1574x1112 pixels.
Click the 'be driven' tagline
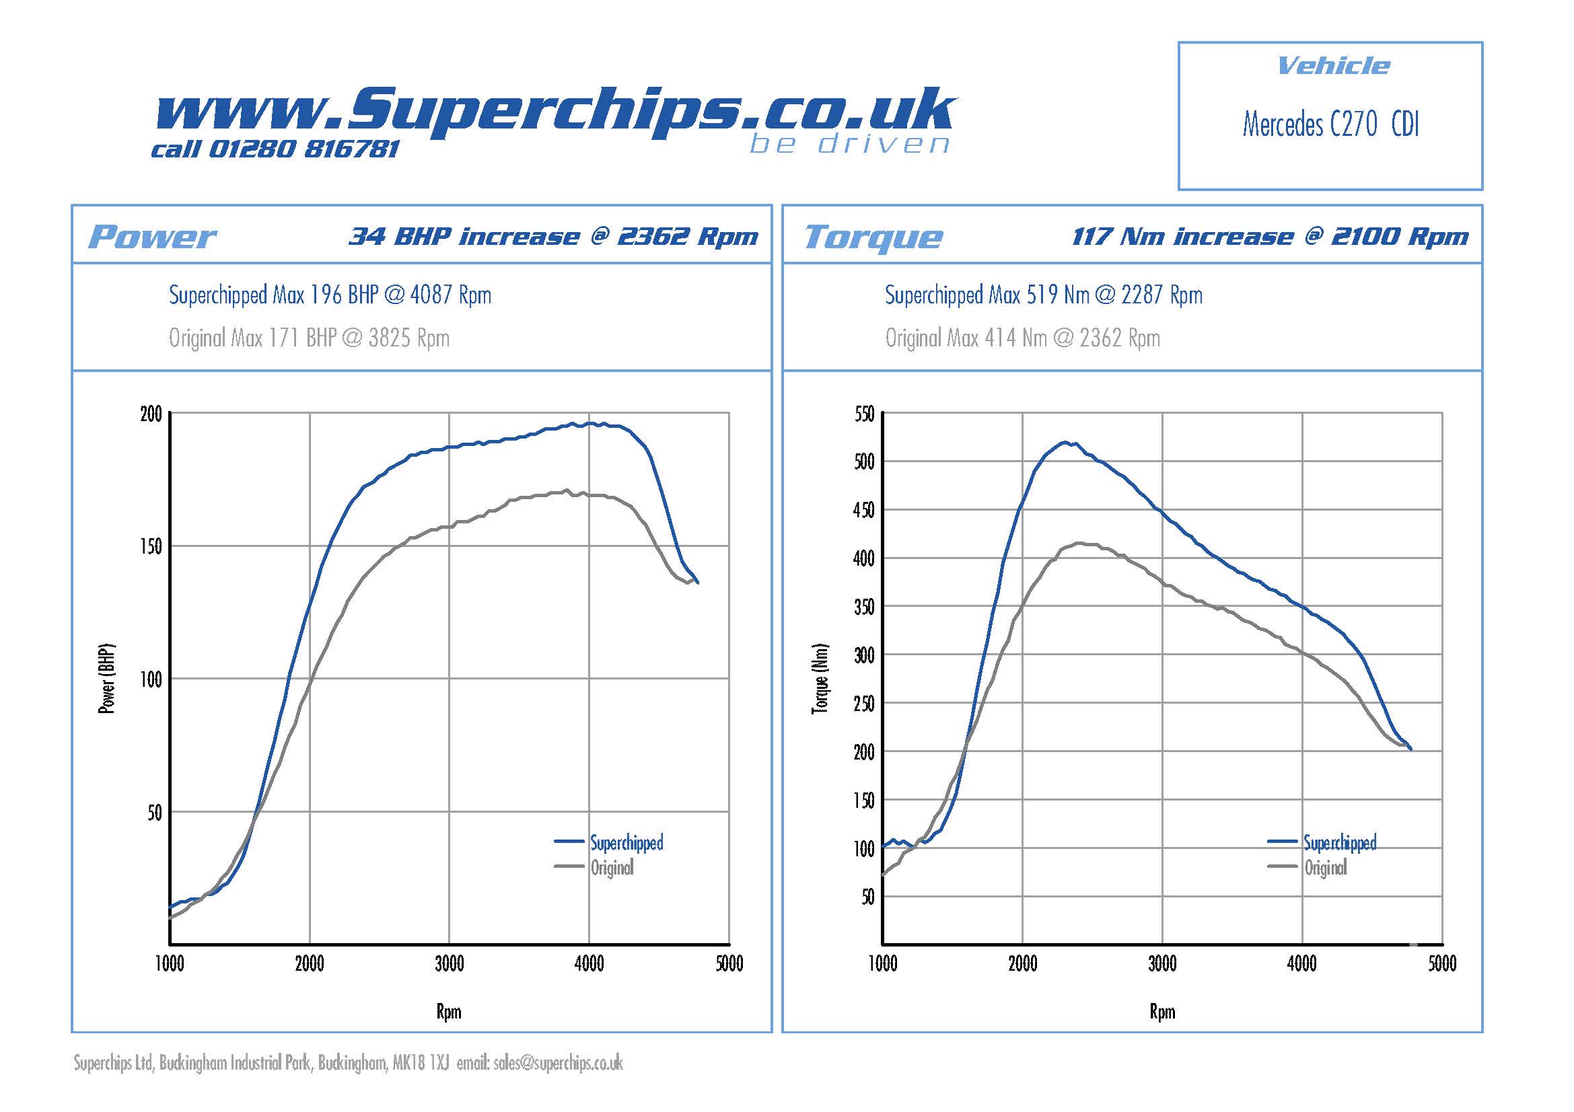pyautogui.click(x=849, y=144)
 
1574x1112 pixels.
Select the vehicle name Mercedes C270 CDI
pyautogui.click(x=1330, y=124)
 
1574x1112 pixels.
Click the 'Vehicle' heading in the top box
pyautogui.click(x=1332, y=66)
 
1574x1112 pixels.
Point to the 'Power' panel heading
pyautogui.click(x=152, y=237)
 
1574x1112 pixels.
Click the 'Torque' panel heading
pyautogui.click(x=873, y=237)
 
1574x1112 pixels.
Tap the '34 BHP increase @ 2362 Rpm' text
pyautogui.click(x=553, y=236)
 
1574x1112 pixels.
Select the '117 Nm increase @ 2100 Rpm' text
pyautogui.click(x=1270, y=236)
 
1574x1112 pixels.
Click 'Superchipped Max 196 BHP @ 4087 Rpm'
pyautogui.click(x=330, y=295)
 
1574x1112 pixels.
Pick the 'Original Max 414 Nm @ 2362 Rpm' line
pyautogui.click(x=1022, y=338)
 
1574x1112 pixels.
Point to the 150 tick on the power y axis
pyautogui.click(x=151, y=547)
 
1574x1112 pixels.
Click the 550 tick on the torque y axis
pyautogui.click(x=865, y=414)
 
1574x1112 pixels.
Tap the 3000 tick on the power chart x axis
pyautogui.click(x=449, y=964)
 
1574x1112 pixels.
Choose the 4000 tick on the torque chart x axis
pyautogui.click(x=1302, y=964)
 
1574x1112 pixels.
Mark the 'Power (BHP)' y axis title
pyautogui.click(x=107, y=678)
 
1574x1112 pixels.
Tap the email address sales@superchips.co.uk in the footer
pyautogui.click(x=558, y=1063)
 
